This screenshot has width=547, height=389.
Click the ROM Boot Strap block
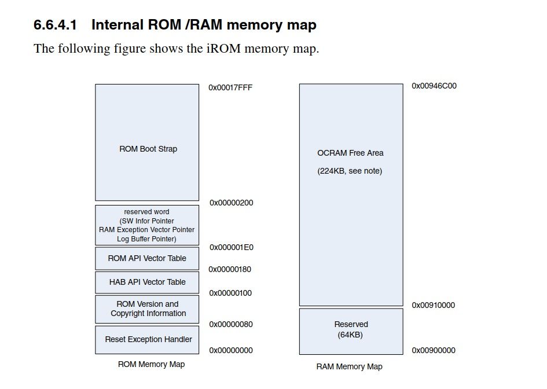coord(148,142)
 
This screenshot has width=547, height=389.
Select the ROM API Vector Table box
coord(147,258)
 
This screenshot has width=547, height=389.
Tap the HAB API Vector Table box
coord(147,282)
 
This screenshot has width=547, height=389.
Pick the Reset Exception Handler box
coord(148,339)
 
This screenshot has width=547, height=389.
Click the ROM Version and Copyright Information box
coord(148,309)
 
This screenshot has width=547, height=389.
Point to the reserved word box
coord(147,225)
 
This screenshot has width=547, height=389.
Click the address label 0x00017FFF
coord(230,87)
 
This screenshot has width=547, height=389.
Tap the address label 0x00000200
coord(231,203)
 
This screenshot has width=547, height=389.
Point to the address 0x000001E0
coord(231,247)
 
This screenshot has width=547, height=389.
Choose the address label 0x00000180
coord(230,269)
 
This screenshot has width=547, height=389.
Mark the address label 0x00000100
coord(230,293)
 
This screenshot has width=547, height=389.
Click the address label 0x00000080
coord(231,324)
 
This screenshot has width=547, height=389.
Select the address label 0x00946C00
coord(434,86)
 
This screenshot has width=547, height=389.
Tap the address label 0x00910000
coord(434,305)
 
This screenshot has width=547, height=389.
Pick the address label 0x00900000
coord(434,350)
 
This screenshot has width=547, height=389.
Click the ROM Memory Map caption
coord(151,364)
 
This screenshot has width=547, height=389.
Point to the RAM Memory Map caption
coord(349,366)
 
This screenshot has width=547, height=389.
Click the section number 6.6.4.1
coord(55,25)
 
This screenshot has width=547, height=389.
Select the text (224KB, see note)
coord(350,171)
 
